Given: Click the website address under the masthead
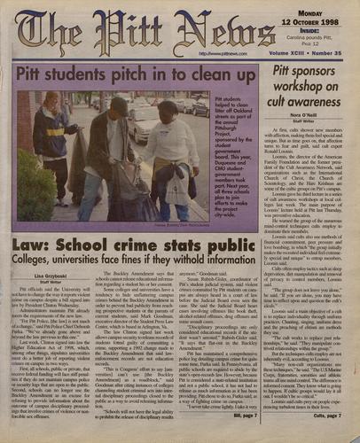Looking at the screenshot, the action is click(205, 54).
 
